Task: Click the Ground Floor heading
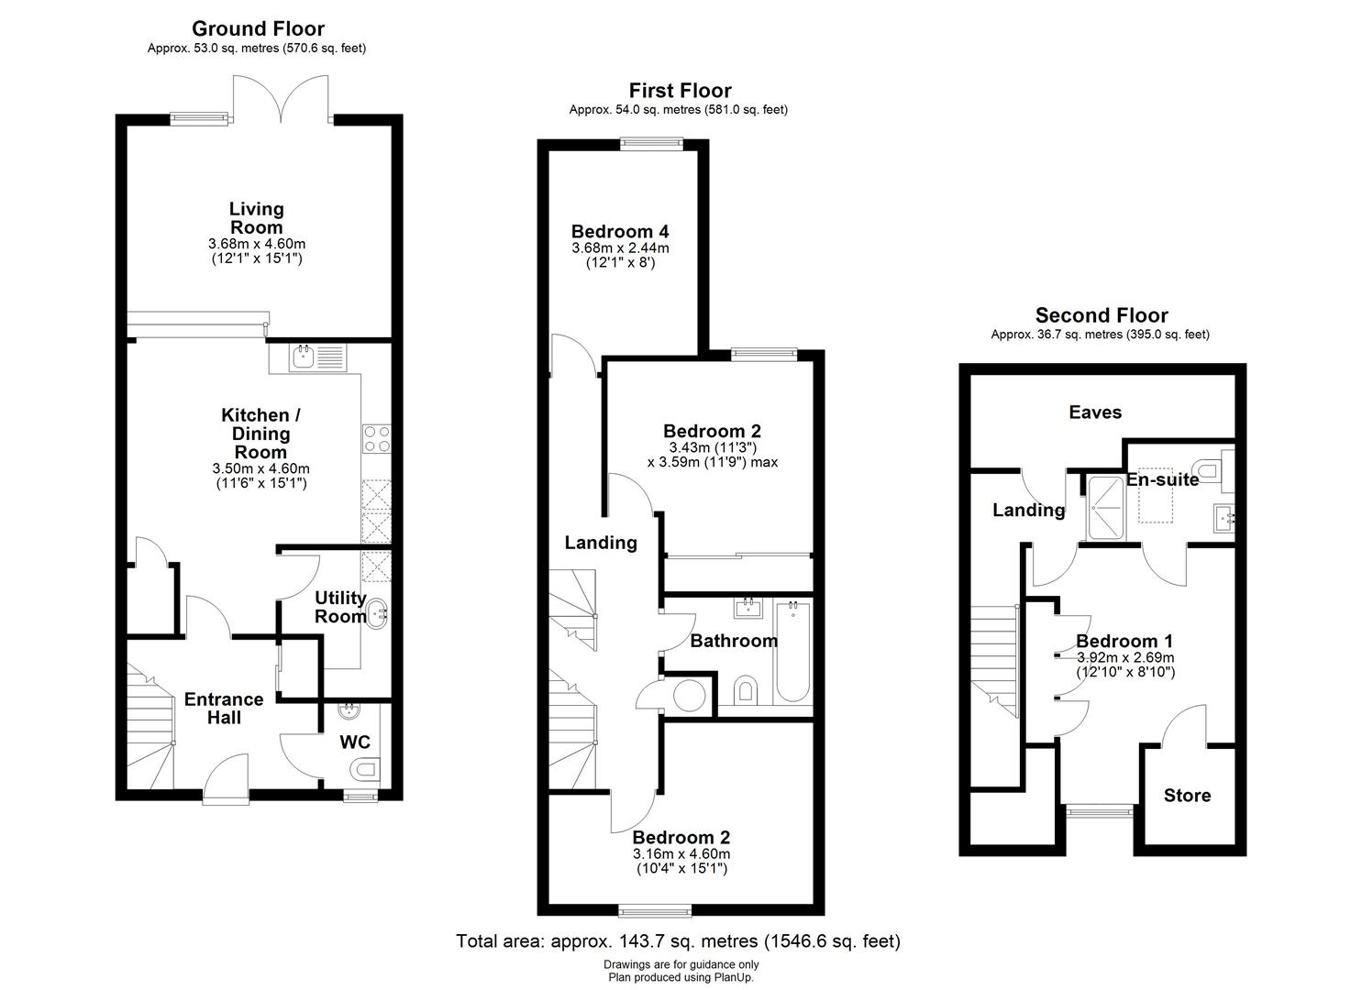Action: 257,29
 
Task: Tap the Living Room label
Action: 256,218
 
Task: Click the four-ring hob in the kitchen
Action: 376,439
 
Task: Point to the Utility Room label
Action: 339,607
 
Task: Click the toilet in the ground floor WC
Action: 365,769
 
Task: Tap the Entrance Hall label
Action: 223,708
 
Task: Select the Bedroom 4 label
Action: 620,231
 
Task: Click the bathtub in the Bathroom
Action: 792,652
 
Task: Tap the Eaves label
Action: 1095,412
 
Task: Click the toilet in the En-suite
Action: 1211,470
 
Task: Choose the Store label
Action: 1187,796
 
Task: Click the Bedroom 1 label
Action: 1124,641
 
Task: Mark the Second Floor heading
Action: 1101,316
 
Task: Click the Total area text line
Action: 679,941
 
